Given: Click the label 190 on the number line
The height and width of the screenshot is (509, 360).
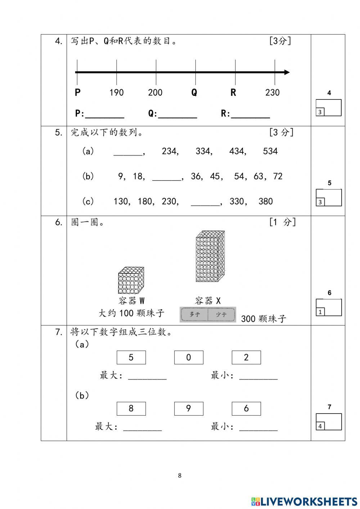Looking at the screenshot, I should (116, 93).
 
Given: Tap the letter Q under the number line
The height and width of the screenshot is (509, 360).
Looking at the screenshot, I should (194, 93).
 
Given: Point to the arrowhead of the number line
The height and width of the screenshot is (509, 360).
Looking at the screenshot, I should (287, 72).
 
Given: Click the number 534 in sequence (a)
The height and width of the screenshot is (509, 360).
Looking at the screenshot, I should (270, 151).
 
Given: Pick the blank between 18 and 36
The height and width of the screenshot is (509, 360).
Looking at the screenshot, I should (167, 177).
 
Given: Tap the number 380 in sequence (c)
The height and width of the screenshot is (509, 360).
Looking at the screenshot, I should (266, 201).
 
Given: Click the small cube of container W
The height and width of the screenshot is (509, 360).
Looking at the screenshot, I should (131, 280).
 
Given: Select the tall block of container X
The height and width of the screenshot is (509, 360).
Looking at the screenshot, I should (210, 256).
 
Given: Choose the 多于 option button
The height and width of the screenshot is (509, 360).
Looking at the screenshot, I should (194, 314).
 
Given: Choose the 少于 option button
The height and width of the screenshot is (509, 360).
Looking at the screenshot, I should (221, 314).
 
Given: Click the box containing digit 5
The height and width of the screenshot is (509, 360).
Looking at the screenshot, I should (131, 357).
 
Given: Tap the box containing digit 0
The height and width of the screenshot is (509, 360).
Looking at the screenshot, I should (189, 357).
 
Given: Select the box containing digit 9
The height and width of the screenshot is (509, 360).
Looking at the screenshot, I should (189, 408).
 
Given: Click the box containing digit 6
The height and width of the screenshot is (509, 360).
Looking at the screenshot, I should (246, 408).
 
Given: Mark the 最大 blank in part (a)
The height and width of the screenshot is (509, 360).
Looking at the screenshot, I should (147, 377).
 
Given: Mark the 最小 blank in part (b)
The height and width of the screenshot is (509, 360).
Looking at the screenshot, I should (258, 428).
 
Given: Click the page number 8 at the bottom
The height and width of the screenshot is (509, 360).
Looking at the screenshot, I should (180, 475).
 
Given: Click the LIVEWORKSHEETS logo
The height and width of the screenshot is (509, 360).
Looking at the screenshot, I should (304, 501).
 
